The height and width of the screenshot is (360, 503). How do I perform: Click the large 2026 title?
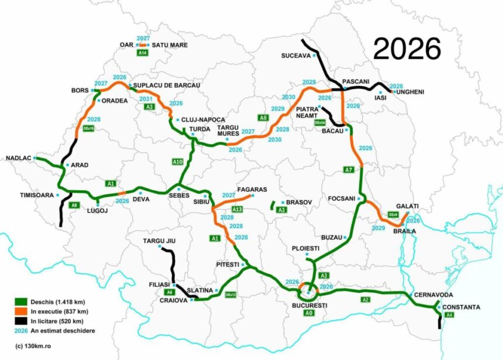(x=407, y=49)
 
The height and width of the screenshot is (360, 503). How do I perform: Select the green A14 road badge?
(x=142, y=53)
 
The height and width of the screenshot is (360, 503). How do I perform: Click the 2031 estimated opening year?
(x=147, y=99)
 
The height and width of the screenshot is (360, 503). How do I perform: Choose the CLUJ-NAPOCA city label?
(x=204, y=119)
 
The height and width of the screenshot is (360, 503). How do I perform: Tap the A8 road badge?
(x=264, y=118)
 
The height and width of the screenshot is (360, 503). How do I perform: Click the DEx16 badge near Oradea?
(x=89, y=128)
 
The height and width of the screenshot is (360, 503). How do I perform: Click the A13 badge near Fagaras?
(x=237, y=209)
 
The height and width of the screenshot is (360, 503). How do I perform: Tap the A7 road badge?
(x=349, y=170)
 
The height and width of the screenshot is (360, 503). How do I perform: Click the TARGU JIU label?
(x=159, y=241)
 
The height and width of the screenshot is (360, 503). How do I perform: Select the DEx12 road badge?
(x=231, y=294)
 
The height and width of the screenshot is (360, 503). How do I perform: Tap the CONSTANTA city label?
(x=461, y=307)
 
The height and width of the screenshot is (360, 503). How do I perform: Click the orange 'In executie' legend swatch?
(x=21, y=311)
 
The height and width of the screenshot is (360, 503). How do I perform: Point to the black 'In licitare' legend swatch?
(x=21, y=321)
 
